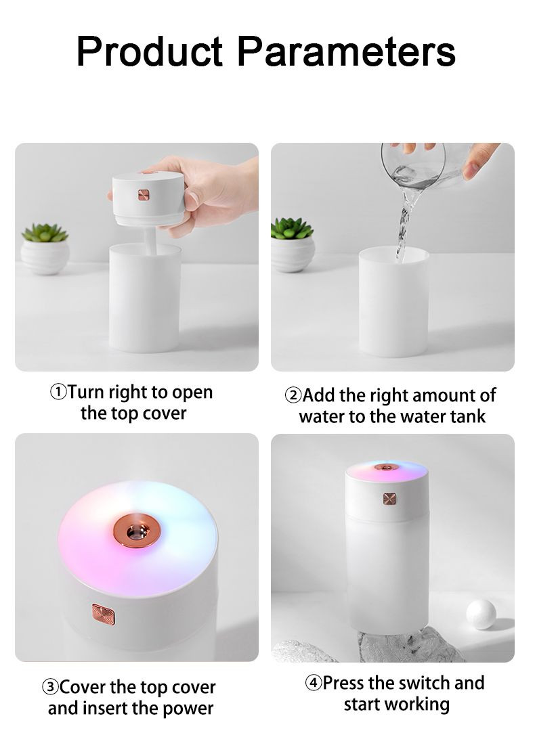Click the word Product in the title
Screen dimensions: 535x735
coord(150,51)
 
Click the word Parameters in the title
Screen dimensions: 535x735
coord(347,51)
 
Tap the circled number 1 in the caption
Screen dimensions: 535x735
coord(59,392)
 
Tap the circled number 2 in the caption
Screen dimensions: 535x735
coord(293,396)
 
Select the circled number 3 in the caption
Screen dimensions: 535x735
coord(50,688)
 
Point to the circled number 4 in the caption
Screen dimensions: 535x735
coord(314,682)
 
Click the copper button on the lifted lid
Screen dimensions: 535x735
coord(144,195)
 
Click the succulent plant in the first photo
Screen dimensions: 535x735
coord(45,233)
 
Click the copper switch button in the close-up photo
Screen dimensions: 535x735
coord(104,615)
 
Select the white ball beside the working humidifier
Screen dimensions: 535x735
coord(481,614)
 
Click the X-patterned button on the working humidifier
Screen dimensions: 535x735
coord(389,499)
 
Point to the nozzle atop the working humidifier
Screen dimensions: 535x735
coord(387,467)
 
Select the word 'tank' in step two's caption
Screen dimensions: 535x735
coord(467,416)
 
